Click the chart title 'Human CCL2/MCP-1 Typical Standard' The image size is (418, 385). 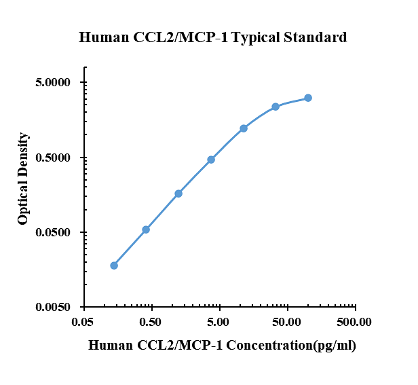point(213,37)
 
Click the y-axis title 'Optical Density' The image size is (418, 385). point(24,179)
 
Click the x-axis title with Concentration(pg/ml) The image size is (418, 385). point(222,346)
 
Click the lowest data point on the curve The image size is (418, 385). point(114,265)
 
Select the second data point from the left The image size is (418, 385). point(146,230)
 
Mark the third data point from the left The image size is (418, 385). point(178,194)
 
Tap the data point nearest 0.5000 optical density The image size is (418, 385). point(211,160)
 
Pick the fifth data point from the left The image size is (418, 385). point(244,128)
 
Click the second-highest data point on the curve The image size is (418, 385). point(275,107)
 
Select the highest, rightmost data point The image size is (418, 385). point(308,98)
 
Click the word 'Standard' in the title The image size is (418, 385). point(313,37)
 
